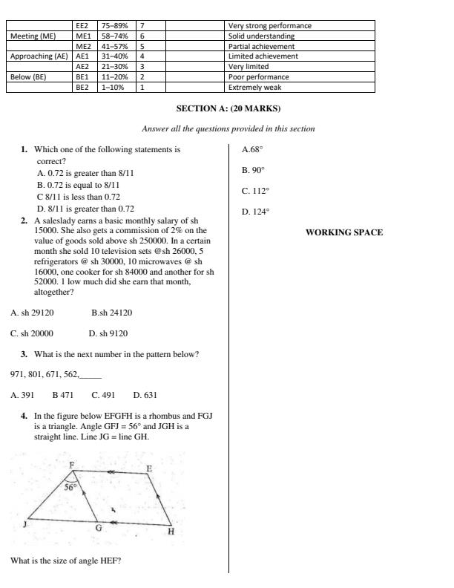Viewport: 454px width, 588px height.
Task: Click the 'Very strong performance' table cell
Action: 269,26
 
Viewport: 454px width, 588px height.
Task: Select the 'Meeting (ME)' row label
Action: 32,36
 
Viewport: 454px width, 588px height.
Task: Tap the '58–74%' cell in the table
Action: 115,36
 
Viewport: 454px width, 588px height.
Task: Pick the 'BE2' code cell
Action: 82,87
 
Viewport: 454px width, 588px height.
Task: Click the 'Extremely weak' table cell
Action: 254,87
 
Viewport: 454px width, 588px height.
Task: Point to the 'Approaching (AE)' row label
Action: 39,56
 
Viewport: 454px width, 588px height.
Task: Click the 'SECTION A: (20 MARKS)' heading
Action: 228,108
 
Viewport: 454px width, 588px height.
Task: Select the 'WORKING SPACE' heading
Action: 344,232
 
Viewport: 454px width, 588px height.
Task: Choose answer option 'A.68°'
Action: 252,149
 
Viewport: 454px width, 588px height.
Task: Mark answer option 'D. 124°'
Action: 255,212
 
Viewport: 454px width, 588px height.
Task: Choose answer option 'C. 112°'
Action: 255,191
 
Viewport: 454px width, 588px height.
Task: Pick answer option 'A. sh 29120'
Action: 32,313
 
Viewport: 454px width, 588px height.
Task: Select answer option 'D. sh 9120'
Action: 108,334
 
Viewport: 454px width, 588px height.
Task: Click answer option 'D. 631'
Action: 145,396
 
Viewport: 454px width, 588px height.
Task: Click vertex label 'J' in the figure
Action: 25,524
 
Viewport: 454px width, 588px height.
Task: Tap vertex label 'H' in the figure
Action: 171,532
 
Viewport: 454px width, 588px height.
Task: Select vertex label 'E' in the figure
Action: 149,468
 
